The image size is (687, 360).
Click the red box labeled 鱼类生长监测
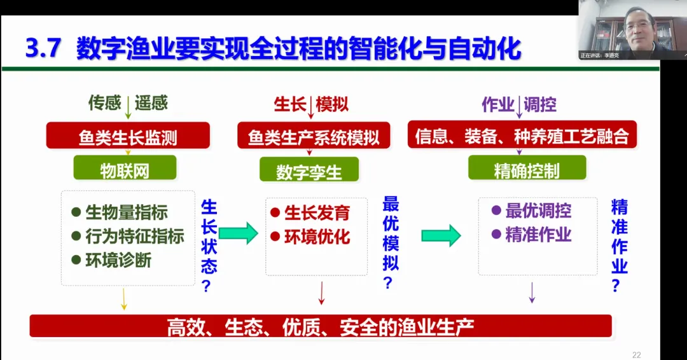point(128,136)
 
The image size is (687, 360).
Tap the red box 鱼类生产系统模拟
point(313,136)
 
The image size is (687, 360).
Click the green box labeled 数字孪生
point(309,170)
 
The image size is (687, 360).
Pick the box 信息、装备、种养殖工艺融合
point(522,135)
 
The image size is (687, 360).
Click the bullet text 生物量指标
point(127,212)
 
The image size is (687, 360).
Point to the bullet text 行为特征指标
point(134,237)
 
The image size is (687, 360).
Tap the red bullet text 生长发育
point(317,212)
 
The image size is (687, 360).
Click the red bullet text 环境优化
point(317,237)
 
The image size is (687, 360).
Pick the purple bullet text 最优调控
point(538,211)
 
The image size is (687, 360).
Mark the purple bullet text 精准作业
point(538,234)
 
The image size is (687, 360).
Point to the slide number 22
point(636,354)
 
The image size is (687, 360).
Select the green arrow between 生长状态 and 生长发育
point(238,233)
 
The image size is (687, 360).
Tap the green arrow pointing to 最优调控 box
point(441,235)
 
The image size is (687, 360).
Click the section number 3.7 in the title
point(43,49)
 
